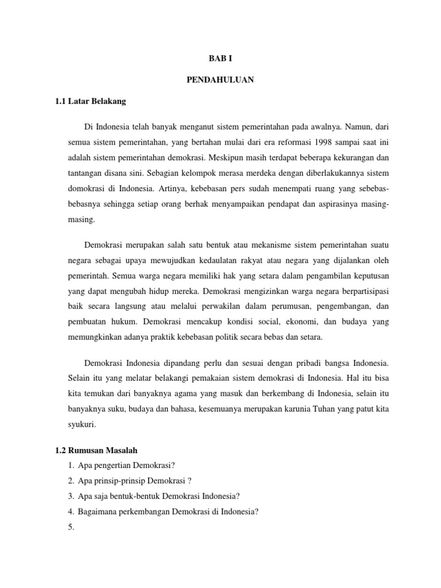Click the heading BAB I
pyautogui.click(x=220, y=59)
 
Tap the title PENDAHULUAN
pyautogui.click(x=220, y=80)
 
